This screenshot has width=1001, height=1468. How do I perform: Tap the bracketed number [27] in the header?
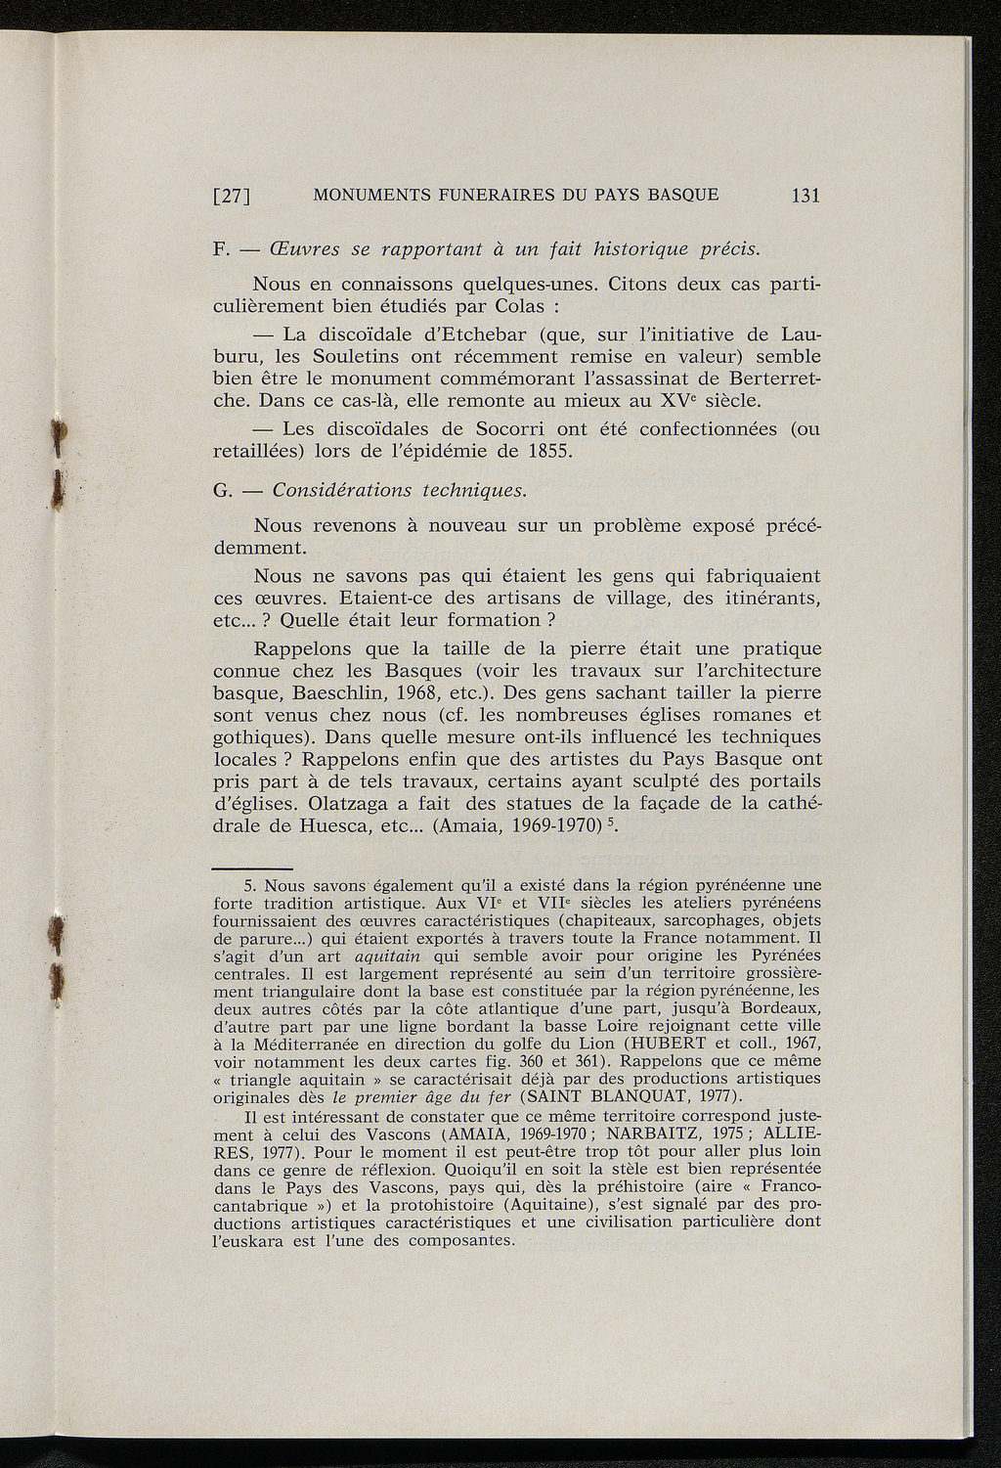click(x=233, y=196)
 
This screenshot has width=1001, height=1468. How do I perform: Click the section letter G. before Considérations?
click(x=221, y=489)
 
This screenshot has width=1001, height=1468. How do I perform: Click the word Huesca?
click(x=330, y=826)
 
